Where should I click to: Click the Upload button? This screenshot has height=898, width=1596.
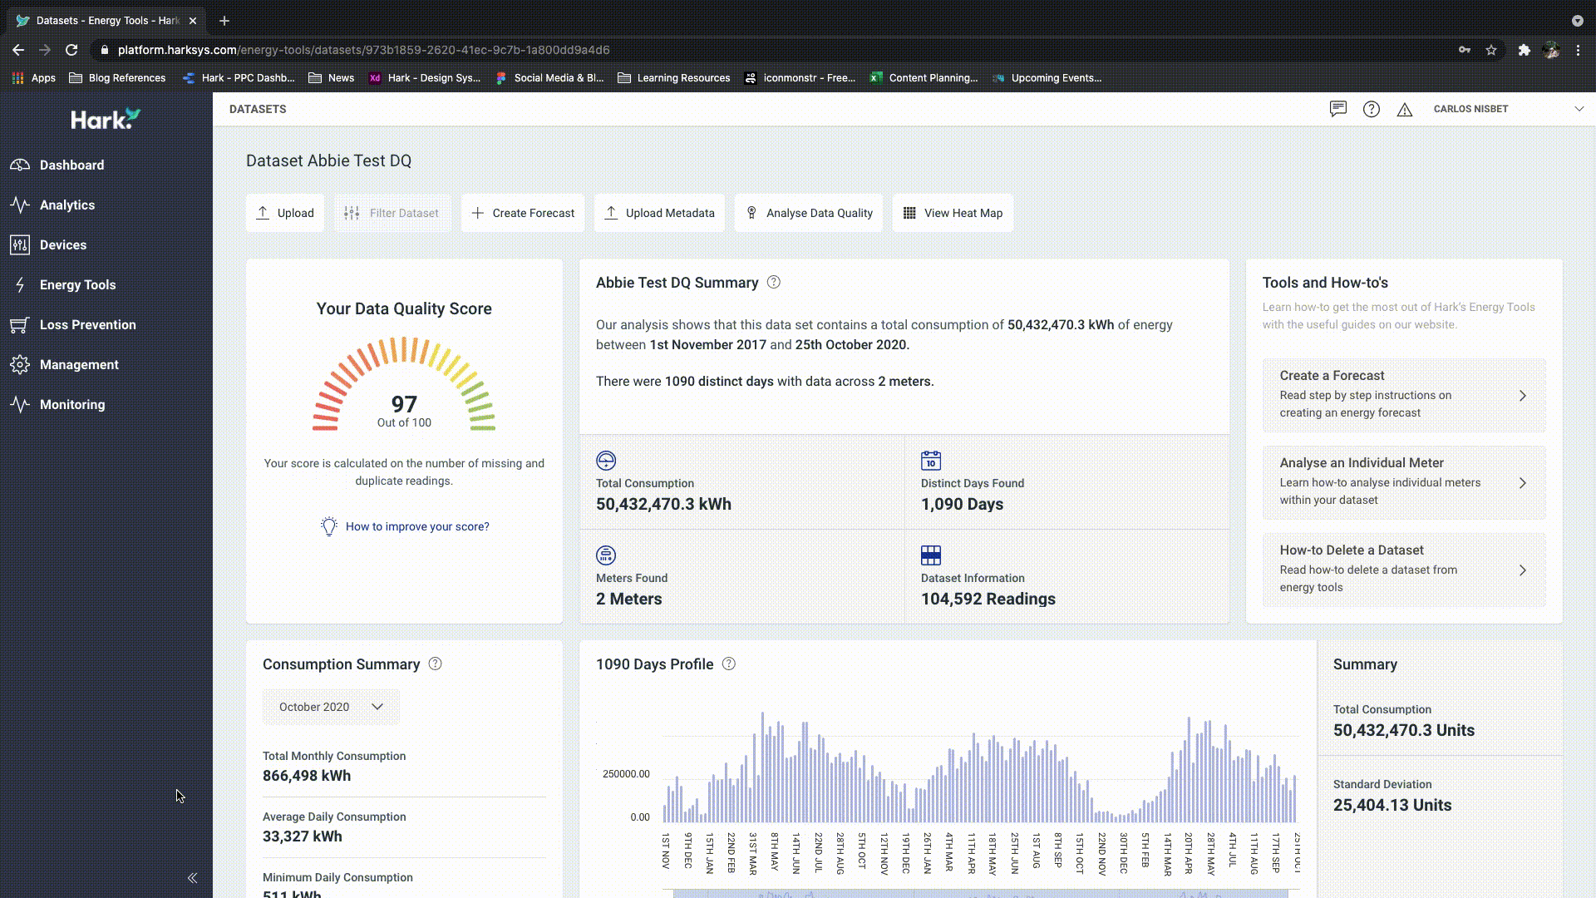point(285,213)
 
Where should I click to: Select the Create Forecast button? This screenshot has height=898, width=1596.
point(523,213)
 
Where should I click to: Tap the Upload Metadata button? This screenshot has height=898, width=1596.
point(659,213)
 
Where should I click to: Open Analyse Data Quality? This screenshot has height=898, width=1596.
point(809,213)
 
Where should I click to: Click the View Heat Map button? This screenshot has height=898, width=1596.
point(953,213)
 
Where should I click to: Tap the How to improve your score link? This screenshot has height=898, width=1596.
point(417,526)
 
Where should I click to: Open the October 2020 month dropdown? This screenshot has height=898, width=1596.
point(331,707)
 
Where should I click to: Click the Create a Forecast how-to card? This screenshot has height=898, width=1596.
point(1404,395)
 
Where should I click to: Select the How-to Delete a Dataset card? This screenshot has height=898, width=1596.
point(1404,570)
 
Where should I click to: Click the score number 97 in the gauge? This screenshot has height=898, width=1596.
point(404,404)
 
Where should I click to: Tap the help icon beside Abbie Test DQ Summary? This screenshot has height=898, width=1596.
point(774,282)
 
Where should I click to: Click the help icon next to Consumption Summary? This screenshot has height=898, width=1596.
point(435,664)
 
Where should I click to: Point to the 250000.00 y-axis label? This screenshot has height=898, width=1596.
point(626,774)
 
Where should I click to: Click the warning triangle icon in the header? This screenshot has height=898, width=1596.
point(1405,109)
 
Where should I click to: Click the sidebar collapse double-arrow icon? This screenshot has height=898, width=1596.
point(192,878)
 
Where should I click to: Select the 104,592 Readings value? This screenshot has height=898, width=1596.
point(988,599)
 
